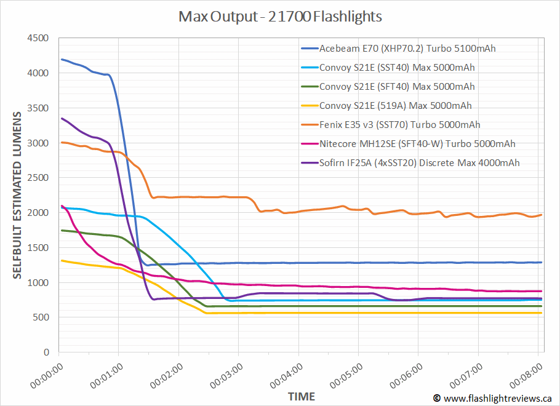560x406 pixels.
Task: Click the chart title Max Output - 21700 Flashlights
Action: (280, 17)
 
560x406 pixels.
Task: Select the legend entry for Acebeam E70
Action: (407, 48)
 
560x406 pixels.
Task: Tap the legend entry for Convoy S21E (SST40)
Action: (397, 67)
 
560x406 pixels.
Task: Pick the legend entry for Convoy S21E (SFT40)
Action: (397, 86)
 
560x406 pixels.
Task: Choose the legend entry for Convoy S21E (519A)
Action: (396, 105)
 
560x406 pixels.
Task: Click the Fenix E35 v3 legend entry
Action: (400, 124)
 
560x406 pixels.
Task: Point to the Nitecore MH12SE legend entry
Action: (417, 143)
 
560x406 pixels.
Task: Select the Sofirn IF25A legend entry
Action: (419, 162)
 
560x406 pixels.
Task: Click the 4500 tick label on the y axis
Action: (38, 38)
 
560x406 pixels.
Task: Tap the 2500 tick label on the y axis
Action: (38, 178)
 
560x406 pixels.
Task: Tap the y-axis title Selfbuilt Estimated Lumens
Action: (17, 195)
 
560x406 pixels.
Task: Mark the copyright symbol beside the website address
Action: (436, 399)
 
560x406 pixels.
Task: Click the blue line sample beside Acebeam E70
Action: (309, 48)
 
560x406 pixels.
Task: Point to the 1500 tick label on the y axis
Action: (38, 248)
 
